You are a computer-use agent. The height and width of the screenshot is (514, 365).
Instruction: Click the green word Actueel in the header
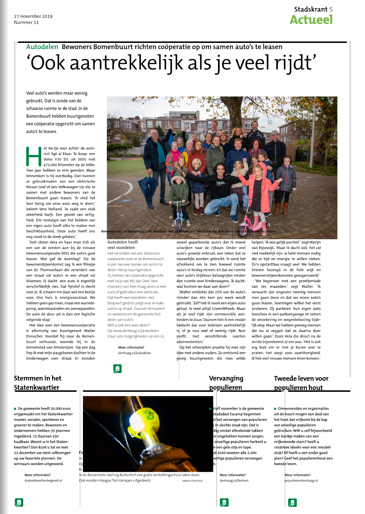(x=311, y=20)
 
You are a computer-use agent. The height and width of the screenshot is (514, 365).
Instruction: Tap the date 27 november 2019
(x=33, y=16)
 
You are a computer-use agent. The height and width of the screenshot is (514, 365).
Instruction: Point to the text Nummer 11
(x=26, y=22)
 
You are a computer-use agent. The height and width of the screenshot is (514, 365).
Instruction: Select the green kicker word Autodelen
(x=42, y=47)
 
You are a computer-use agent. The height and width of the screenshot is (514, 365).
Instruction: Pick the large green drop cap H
(x=34, y=157)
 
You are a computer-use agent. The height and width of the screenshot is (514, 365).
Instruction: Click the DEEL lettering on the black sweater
(x=220, y=183)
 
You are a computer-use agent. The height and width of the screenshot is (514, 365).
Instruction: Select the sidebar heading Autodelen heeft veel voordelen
(x=122, y=245)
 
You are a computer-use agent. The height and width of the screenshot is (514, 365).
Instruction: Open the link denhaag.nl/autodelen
(x=134, y=353)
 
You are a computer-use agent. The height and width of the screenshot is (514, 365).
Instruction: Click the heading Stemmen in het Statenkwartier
(x=37, y=383)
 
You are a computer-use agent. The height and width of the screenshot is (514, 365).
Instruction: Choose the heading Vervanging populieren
(x=226, y=383)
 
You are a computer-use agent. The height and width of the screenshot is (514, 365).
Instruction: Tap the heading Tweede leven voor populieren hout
(x=301, y=383)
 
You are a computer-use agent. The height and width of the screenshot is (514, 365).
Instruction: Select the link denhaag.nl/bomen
(x=234, y=480)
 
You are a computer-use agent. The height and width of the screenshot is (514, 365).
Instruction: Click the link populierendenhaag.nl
(x=301, y=480)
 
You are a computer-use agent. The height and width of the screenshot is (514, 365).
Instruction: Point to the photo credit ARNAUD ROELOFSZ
(x=193, y=481)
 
